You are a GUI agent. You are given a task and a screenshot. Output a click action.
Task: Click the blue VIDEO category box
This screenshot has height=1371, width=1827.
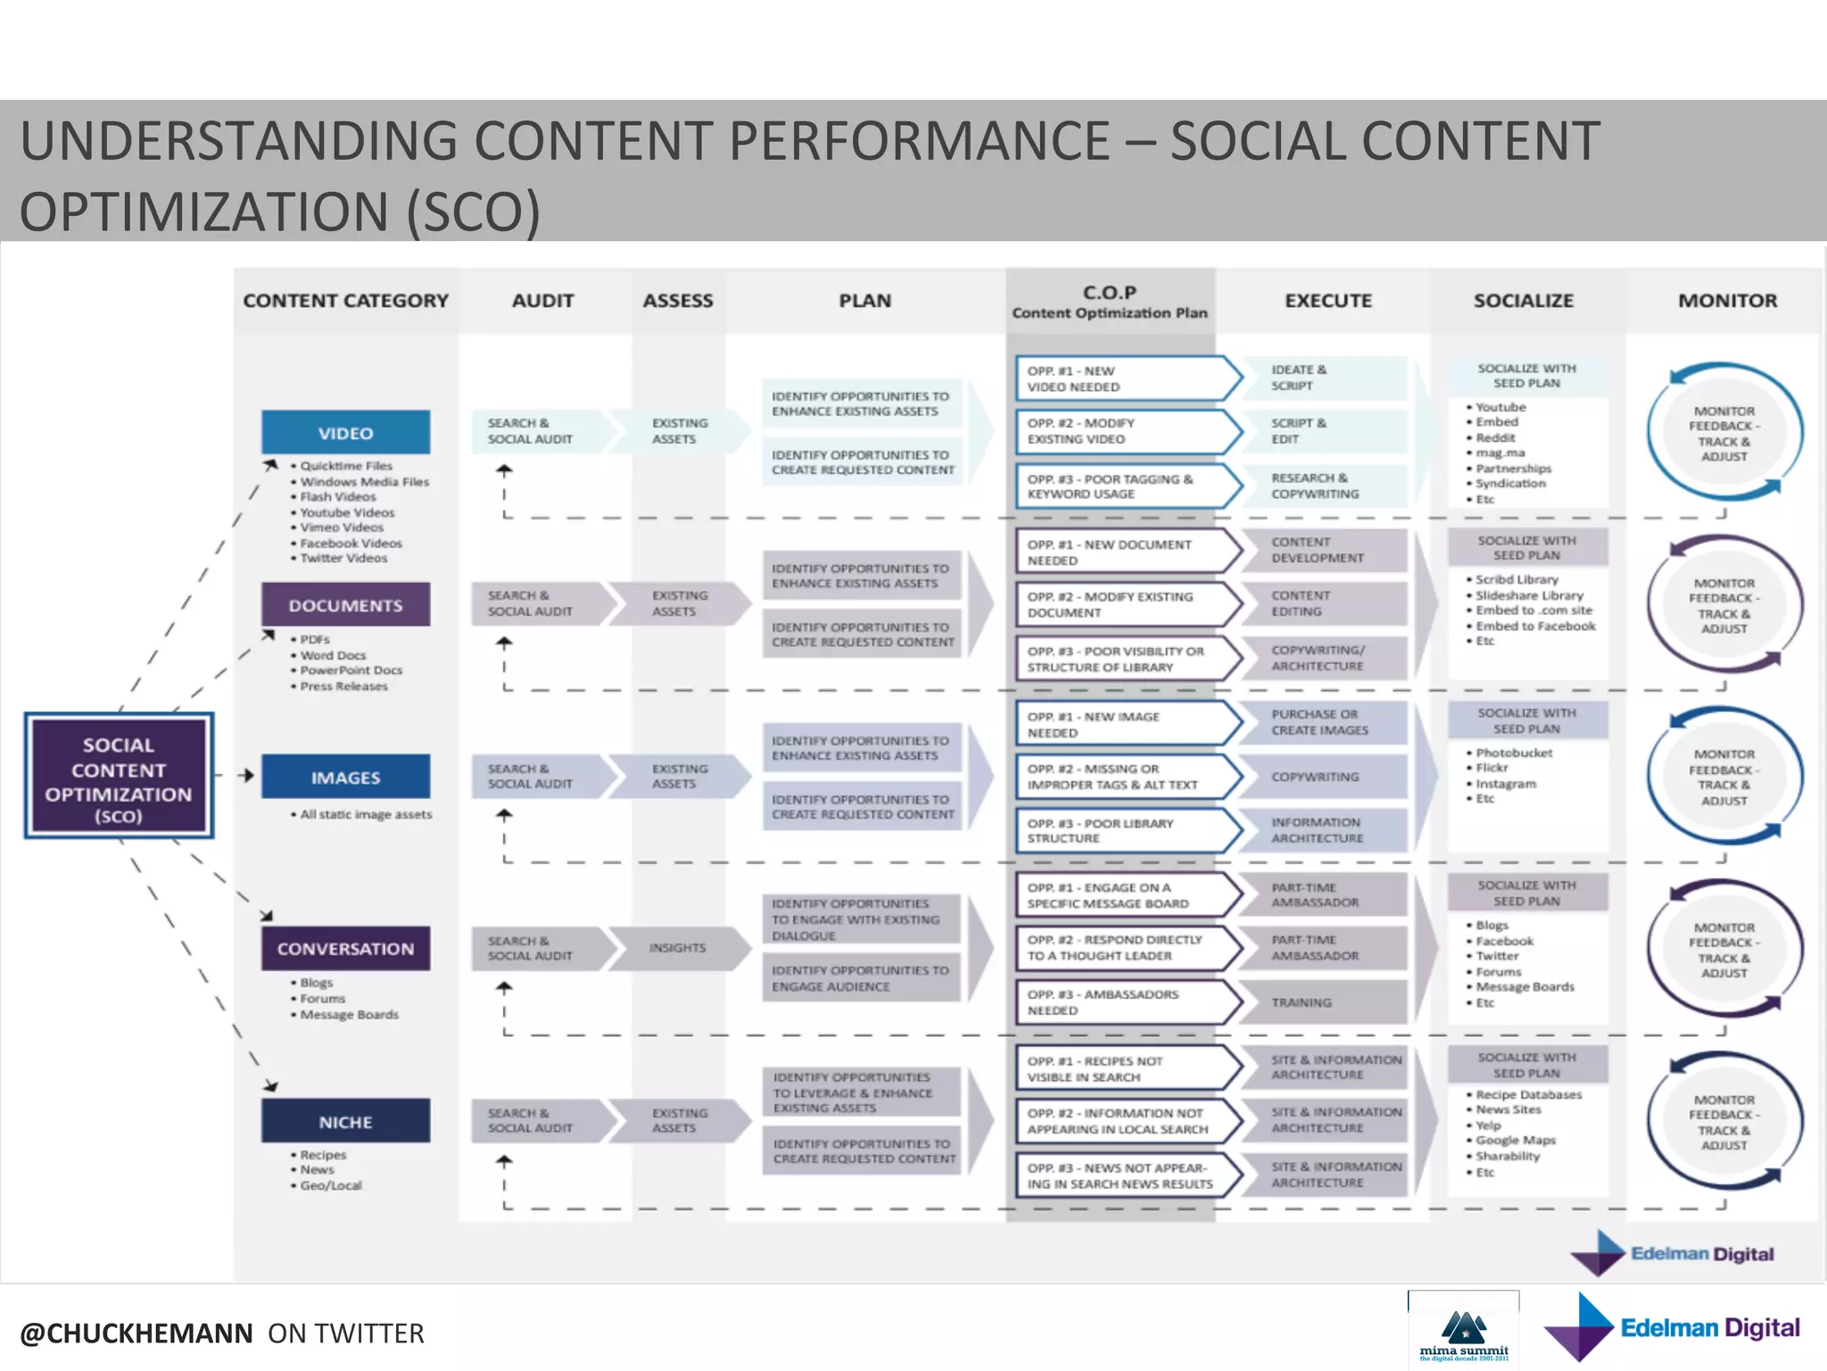345,433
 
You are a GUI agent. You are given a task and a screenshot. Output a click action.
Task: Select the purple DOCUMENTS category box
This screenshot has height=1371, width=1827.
345,605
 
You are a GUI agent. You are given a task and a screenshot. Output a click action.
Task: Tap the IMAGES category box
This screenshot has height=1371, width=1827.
345,777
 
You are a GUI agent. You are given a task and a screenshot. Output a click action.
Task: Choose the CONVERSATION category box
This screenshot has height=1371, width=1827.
345,949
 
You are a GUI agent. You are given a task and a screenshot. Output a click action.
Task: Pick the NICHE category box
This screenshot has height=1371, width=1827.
345,1122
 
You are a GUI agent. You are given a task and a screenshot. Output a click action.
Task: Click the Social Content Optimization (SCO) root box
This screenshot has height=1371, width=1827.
119,776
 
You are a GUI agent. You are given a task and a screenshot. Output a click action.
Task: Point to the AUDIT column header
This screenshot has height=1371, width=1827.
542,301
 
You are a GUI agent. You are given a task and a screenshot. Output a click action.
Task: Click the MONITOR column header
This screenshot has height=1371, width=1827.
1727,301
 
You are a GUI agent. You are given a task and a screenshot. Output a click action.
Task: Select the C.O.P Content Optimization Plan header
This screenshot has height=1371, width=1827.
1109,302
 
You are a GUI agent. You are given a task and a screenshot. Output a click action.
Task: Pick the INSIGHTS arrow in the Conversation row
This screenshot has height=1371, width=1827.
678,948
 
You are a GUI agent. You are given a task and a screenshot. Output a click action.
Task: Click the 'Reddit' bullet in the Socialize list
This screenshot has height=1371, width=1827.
1495,437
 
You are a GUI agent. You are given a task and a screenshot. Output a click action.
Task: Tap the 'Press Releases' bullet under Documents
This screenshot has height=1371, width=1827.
343,686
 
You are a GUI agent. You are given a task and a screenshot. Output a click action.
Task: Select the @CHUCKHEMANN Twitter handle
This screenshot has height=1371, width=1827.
136,1334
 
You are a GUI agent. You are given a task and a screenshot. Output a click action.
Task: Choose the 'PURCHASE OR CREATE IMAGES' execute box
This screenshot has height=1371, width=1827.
1320,722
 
